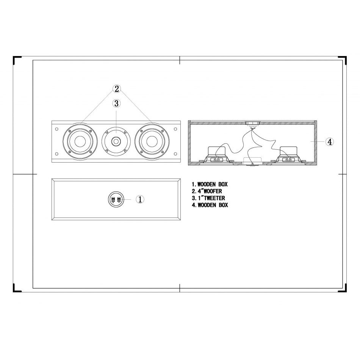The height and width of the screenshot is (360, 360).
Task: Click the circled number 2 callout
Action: [117, 89]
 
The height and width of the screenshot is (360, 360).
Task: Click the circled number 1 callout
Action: [140, 199]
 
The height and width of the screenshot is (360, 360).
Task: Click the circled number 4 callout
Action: [330, 142]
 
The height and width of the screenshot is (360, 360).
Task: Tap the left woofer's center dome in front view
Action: [80, 142]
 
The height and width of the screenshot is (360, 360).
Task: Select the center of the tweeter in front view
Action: [116, 142]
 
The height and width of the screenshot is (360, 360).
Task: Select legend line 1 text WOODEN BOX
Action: [213, 185]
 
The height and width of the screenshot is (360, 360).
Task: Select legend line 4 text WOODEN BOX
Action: [213, 205]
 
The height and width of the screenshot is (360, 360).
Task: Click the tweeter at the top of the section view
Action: [252, 124]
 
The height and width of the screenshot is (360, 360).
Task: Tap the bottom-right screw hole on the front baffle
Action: [175, 154]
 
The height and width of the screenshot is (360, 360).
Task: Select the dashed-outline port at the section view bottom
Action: [252, 160]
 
